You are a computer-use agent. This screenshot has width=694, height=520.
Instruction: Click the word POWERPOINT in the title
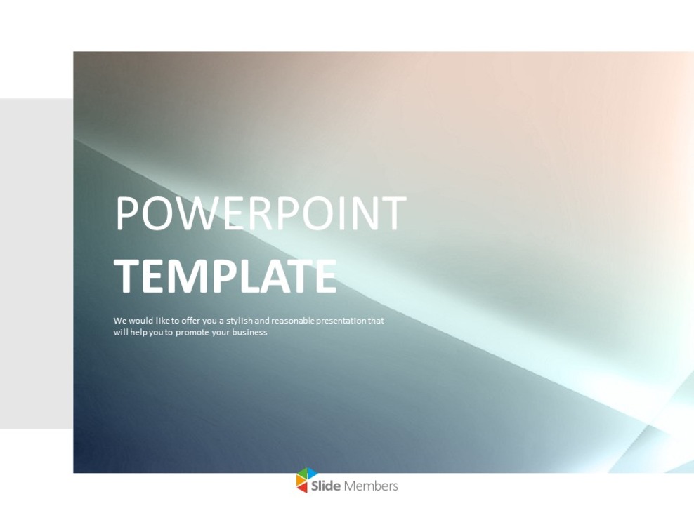tap(261, 214)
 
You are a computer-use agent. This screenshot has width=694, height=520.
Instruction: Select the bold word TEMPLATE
tap(225, 277)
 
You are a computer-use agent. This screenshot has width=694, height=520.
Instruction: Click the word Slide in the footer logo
tap(326, 486)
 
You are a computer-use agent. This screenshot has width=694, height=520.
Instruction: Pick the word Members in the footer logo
tap(371, 486)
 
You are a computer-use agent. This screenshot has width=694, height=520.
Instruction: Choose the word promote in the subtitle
tap(192, 332)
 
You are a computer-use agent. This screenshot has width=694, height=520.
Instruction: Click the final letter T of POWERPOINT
tap(393, 214)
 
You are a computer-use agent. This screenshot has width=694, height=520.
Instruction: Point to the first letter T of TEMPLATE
tap(127, 277)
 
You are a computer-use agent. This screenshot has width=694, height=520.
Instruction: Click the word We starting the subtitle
tap(119, 321)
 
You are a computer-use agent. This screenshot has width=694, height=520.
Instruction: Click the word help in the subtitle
tap(136, 332)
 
